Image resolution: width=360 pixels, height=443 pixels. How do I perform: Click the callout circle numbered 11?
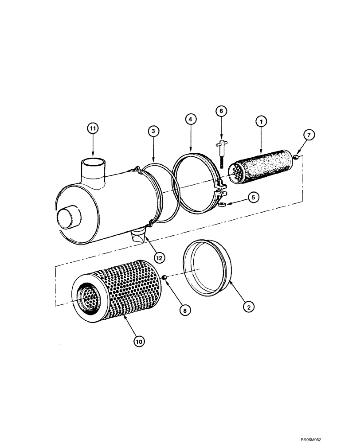pos(93,129)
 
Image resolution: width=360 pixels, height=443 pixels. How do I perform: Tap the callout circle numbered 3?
pos(153,131)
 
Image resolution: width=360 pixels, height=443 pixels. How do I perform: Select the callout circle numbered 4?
pos(190,120)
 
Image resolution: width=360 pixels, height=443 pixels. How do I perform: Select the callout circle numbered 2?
pos(248,306)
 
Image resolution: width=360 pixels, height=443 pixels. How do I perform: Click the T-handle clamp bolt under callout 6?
pos(220,155)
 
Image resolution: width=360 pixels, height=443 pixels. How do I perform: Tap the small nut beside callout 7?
pos(295,156)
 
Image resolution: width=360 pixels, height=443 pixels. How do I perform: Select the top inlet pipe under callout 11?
pos(93,171)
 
